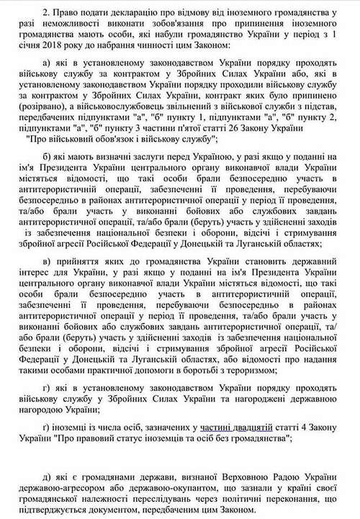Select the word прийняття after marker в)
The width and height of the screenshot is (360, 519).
89,258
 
